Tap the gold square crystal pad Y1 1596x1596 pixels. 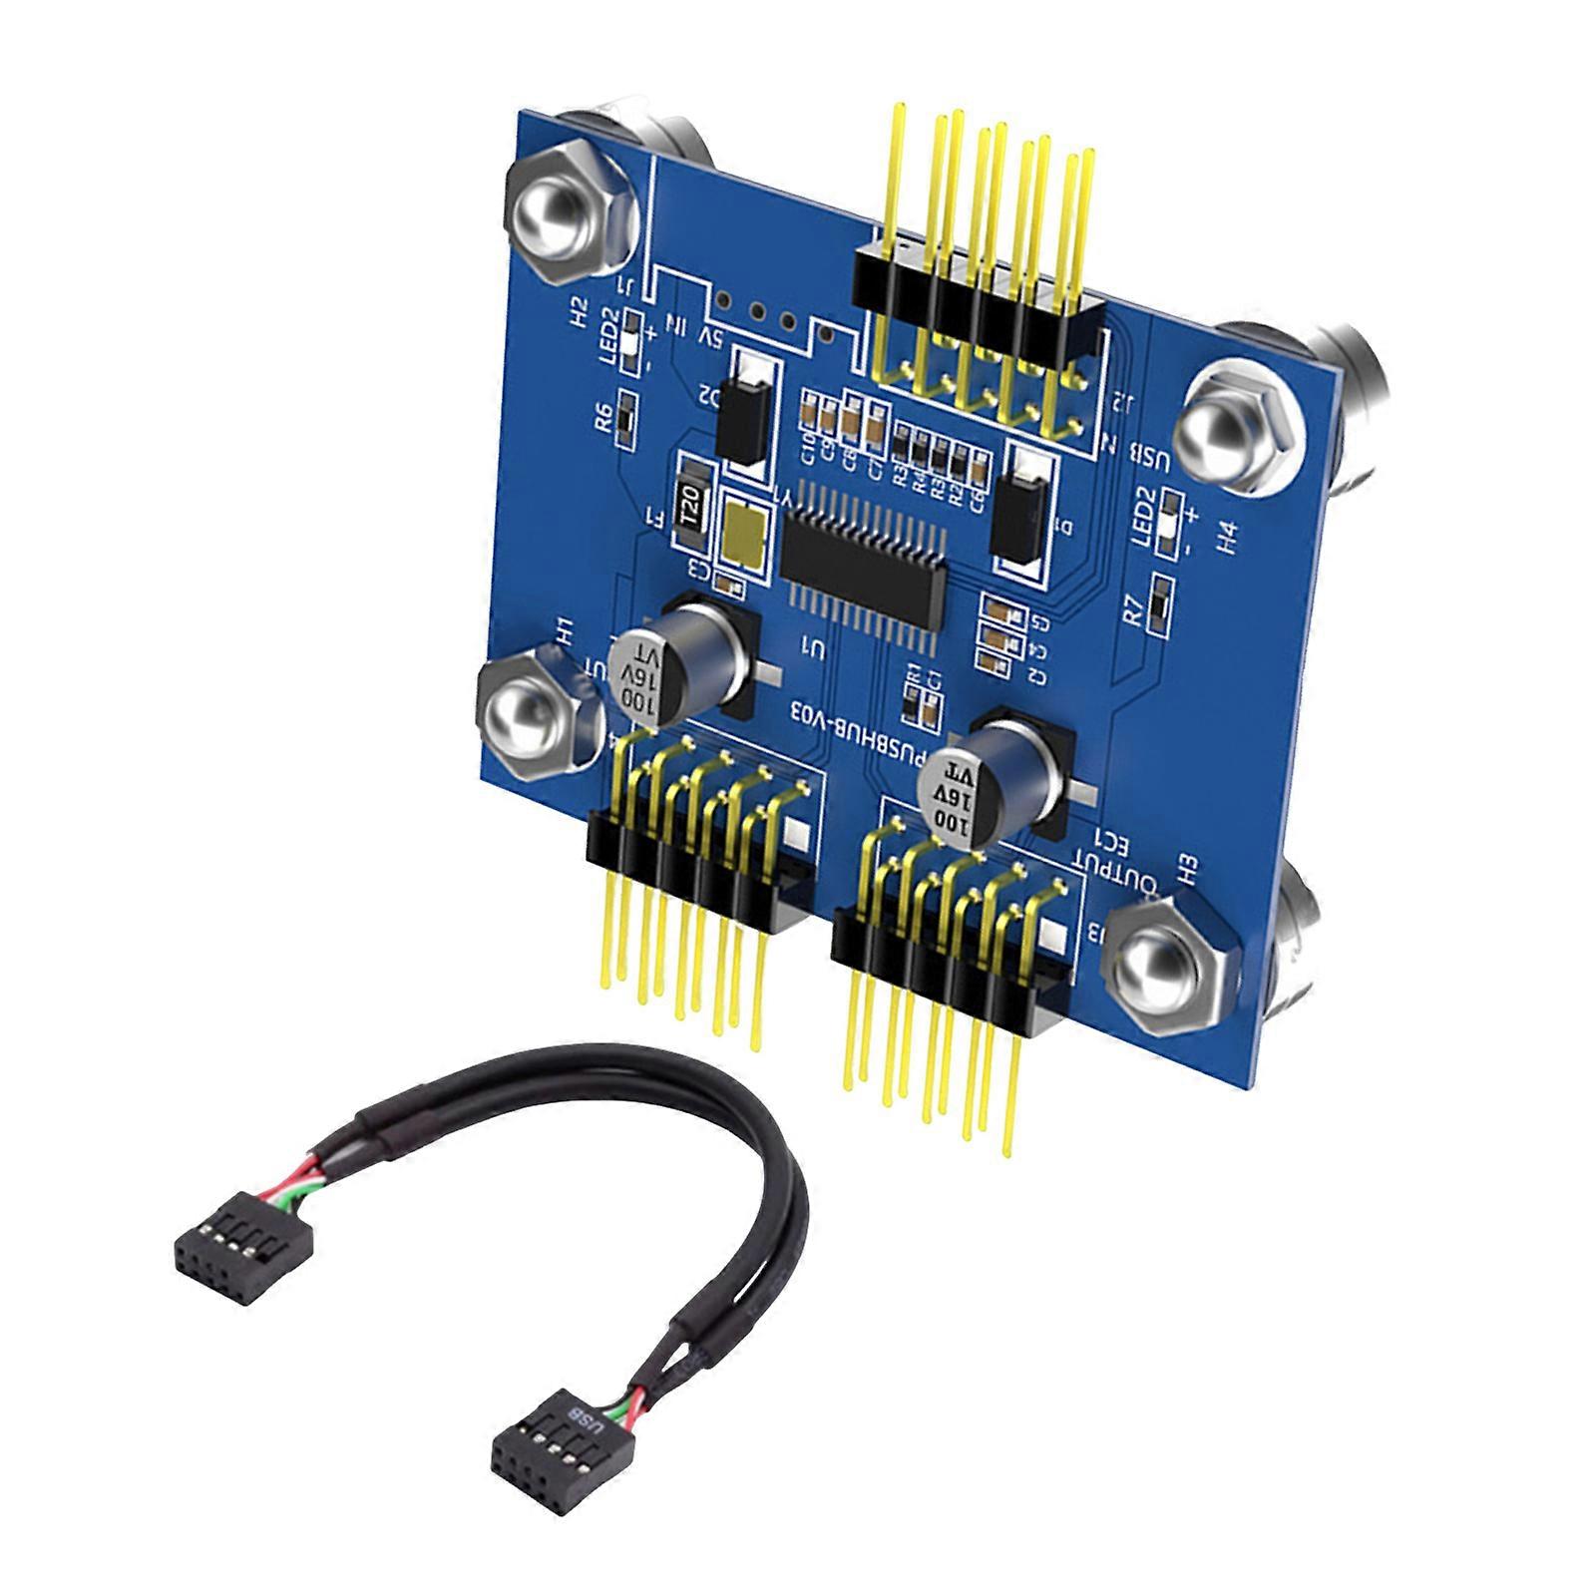(746, 537)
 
